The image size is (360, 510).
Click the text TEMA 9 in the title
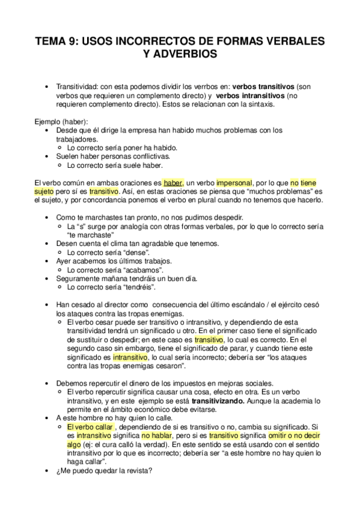[x=56, y=41]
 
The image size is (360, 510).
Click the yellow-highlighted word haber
[x=172, y=182]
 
